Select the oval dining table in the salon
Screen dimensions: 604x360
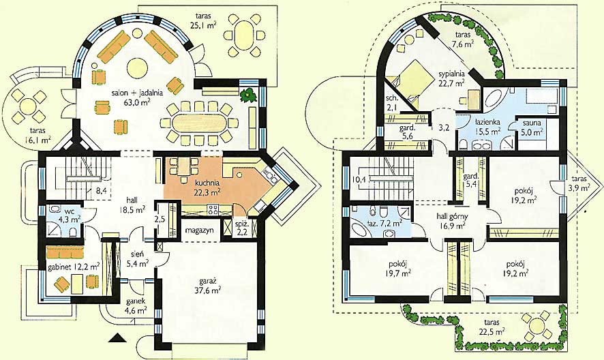pos(195,123)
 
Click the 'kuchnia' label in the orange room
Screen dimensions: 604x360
pos(207,183)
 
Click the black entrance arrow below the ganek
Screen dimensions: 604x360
pos(117,338)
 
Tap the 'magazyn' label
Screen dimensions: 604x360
pos(199,230)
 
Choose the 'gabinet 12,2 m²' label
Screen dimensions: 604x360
pos(73,267)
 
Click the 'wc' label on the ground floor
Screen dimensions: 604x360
pos(69,211)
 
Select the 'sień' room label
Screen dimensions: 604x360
pos(140,254)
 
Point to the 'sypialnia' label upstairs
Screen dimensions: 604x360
pos(452,74)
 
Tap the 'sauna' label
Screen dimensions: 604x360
pos(532,123)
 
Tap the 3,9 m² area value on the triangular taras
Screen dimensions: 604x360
pos(579,187)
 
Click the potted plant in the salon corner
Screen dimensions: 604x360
pos(247,95)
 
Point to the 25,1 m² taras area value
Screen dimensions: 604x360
pos(202,25)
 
